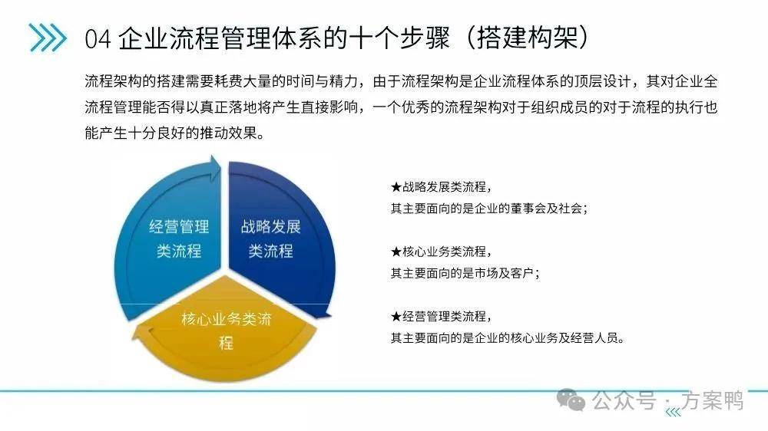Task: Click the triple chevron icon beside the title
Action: [48, 38]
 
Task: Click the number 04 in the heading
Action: [98, 38]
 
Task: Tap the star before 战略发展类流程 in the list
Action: [396, 187]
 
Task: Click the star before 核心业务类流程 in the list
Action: [396, 252]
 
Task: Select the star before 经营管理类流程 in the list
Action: [396, 317]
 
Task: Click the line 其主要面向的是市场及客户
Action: [465, 273]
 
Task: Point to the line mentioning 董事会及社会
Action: [488, 209]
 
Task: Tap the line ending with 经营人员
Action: [508, 337]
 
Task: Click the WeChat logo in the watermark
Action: [571, 400]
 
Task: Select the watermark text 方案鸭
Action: [713, 400]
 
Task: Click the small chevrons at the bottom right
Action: [674, 413]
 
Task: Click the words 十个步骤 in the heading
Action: [399, 38]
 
